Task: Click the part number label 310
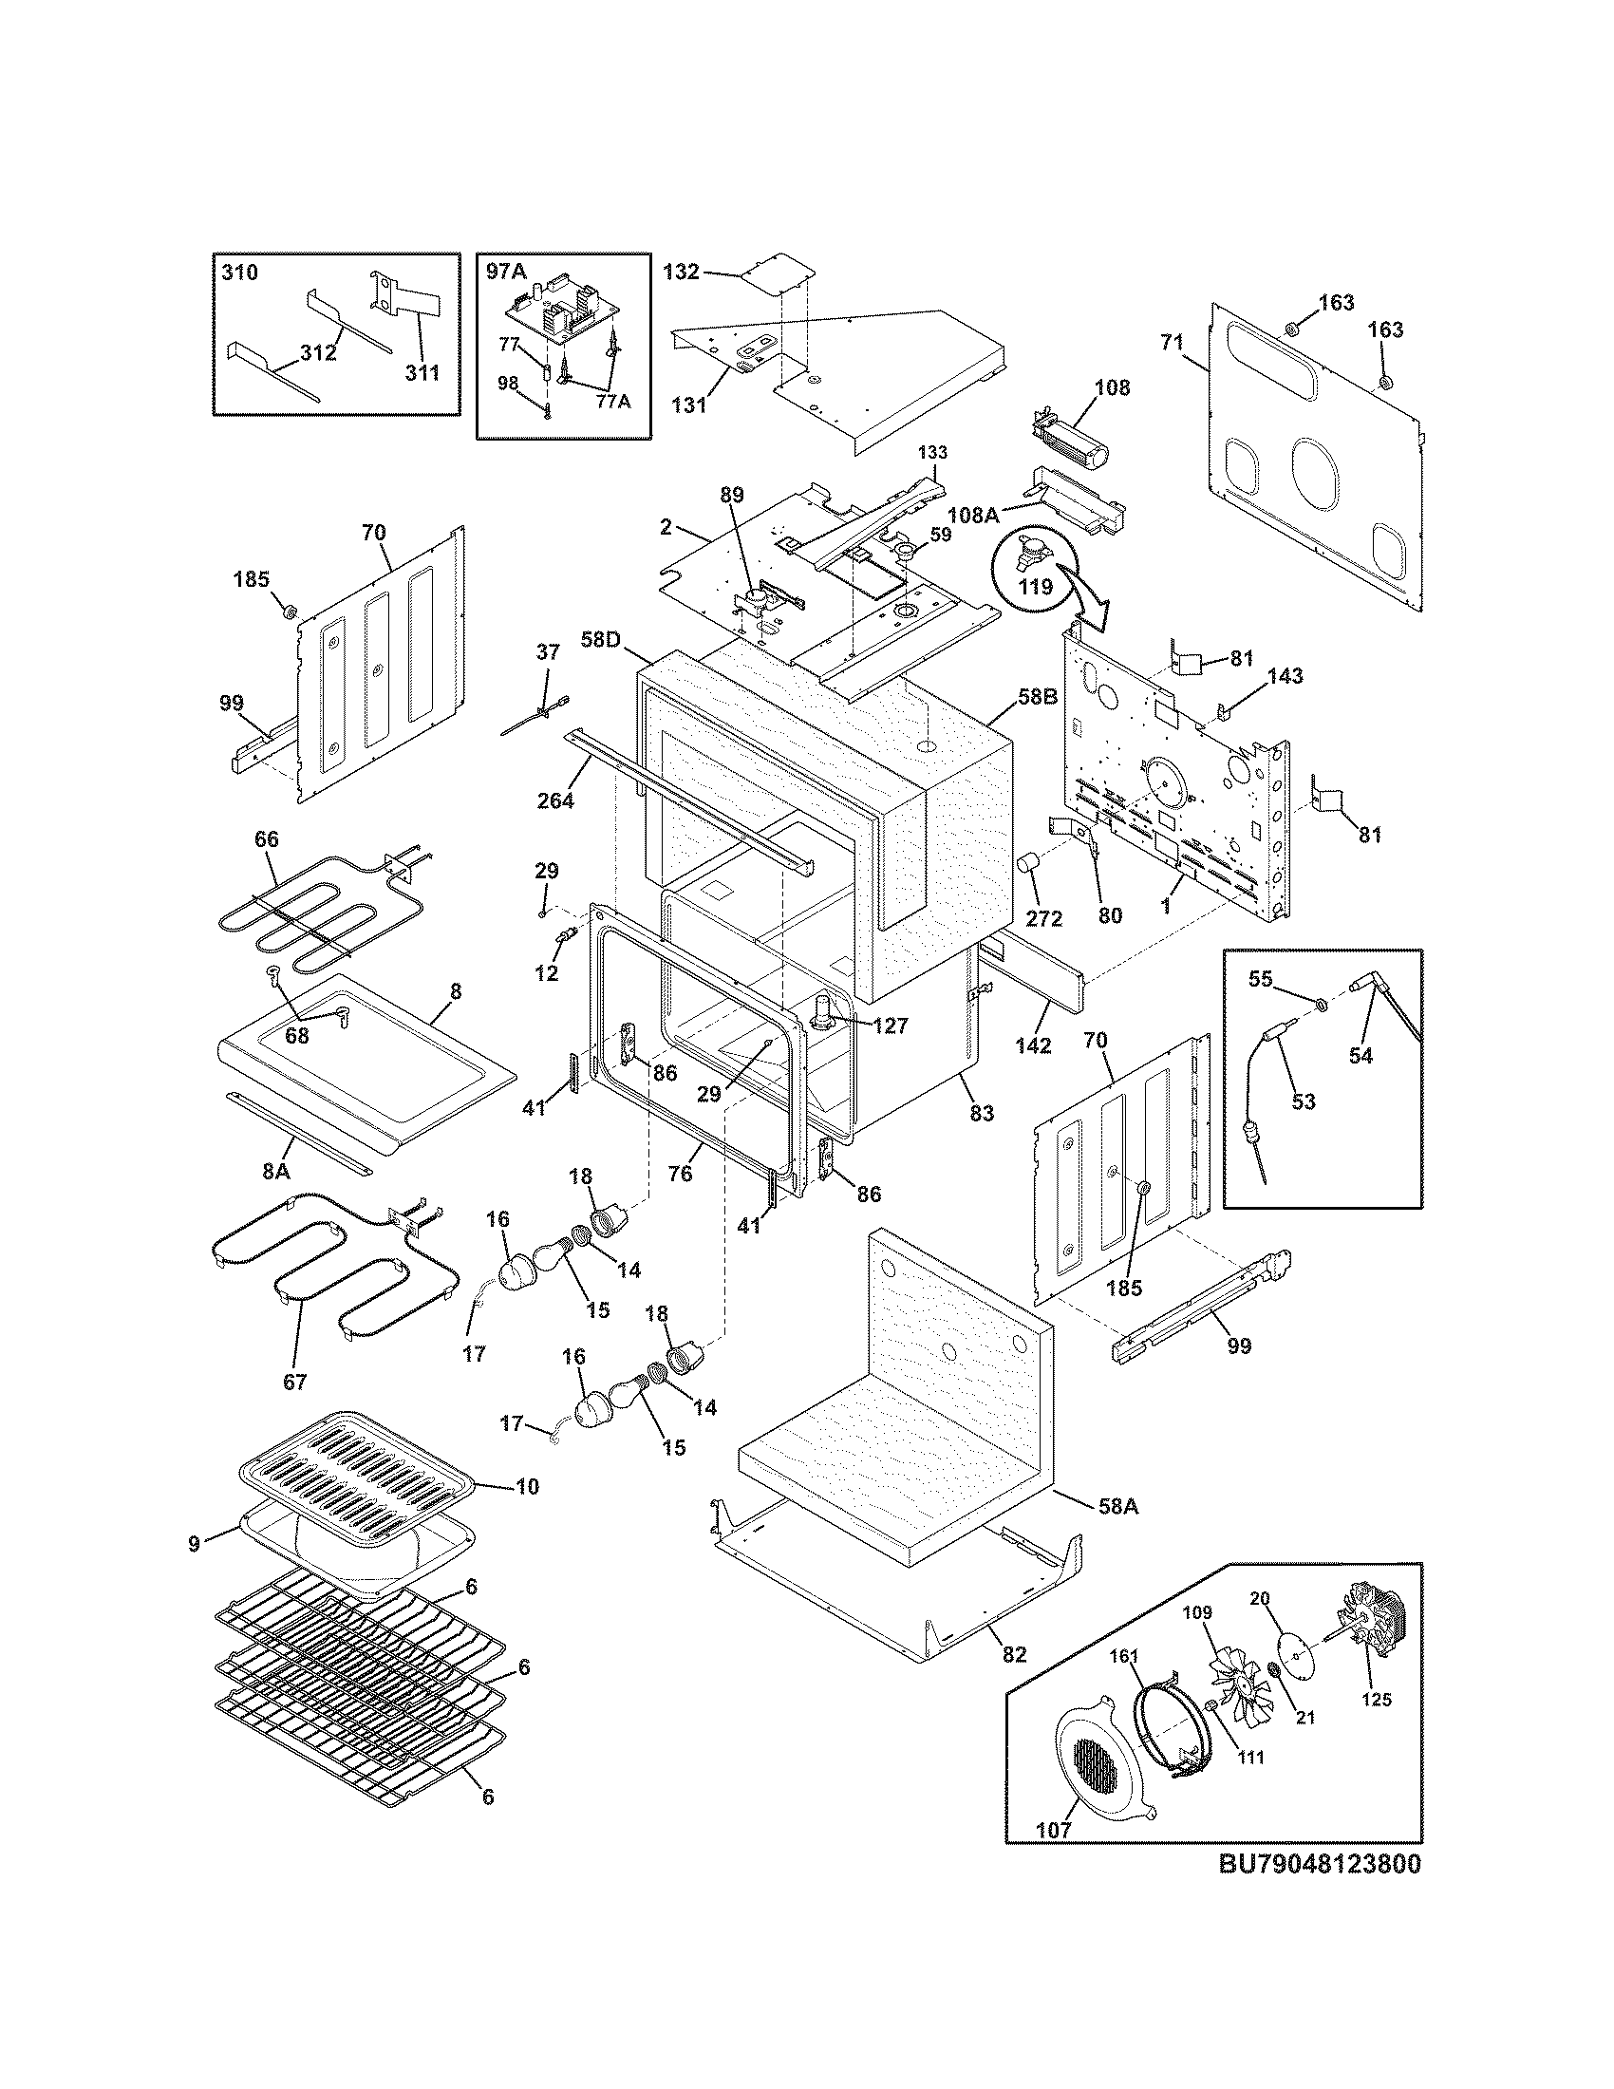click(x=239, y=273)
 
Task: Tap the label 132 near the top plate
click(x=681, y=273)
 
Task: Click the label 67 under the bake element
click(x=294, y=1382)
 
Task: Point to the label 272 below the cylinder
click(x=1043, y=918)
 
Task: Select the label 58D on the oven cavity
click(x=600, y=639)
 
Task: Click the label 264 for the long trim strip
click(x=554, y=800)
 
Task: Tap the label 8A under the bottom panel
click(x=276, y=1171)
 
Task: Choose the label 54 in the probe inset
click(x=1360, y=1055)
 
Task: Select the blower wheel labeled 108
click(x=1071, y=444)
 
